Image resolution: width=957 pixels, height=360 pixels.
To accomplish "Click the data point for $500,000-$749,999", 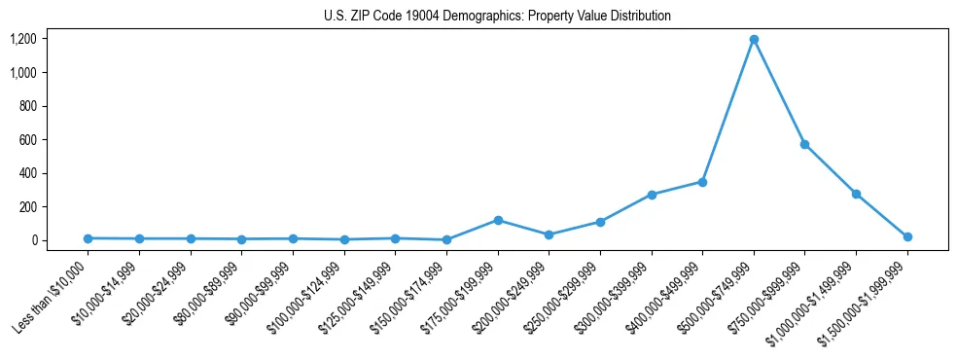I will click(754, 40).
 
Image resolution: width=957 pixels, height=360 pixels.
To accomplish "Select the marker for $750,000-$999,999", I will click(804, 144).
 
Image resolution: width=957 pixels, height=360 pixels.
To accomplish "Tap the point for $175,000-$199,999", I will click(498, 220).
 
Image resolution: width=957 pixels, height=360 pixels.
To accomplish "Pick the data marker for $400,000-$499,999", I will click(702, 182).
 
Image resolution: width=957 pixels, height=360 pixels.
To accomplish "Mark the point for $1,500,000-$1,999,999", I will click(907, 236).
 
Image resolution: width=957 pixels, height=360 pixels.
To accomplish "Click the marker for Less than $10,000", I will click(88, 238).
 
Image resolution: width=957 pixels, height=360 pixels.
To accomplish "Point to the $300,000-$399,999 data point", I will click(652, 195).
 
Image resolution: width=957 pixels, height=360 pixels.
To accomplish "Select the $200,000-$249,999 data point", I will click(549, 234).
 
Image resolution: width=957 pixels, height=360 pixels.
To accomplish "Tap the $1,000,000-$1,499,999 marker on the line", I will click(856, 194).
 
